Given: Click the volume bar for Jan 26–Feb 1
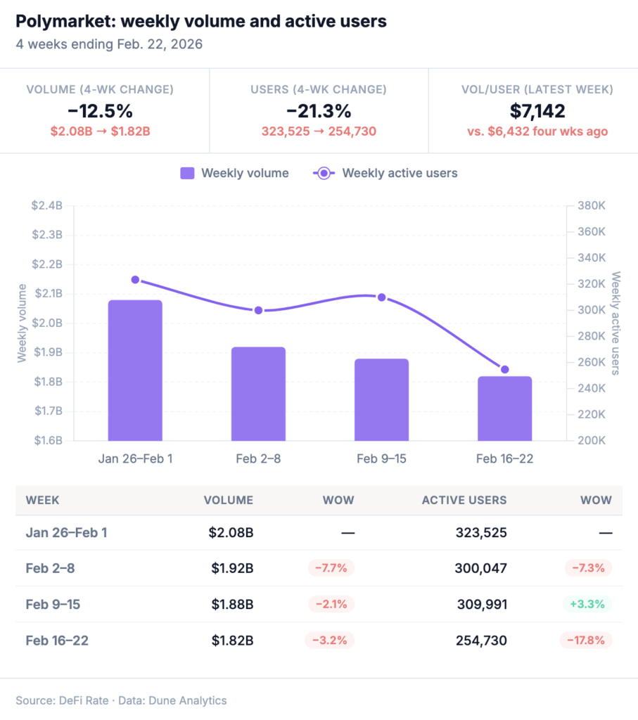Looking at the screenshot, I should [x=135, y=371].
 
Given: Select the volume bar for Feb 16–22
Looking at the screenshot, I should [x=504, y=409].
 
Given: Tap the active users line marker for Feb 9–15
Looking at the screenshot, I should [x=381, y=297].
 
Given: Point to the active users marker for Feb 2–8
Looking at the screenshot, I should [x=258, y=310].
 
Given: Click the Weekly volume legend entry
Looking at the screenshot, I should [x=234, y=173].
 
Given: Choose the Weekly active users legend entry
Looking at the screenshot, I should [x=385, y=173].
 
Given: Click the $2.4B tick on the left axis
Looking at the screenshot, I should [x=47, y=205].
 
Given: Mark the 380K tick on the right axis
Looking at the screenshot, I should [x=592, y=205].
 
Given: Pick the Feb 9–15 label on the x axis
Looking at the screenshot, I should [x=381, y=459].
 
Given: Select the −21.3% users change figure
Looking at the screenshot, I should [x=319, y=111].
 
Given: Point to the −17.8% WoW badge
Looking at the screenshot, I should [x=585, y=641].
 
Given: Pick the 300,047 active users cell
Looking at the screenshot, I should [x=477, y=568].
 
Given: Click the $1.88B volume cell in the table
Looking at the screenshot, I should [x=232, y=604].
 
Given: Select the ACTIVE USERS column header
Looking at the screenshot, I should [x=464, y=501].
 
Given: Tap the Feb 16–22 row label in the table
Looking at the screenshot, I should [x=57, y=641].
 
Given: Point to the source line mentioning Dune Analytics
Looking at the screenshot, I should [x=121, y=700].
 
